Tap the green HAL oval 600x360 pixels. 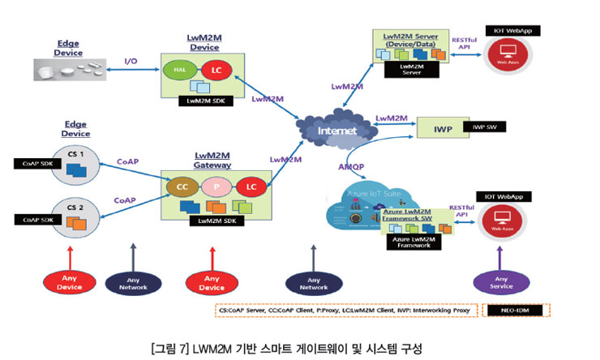(178, 71)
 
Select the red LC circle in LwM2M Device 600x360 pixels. (215, 71)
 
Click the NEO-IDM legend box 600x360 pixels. (513, 311)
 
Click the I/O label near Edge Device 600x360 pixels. (131, 61)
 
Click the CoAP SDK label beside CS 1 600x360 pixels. (38, 163)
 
